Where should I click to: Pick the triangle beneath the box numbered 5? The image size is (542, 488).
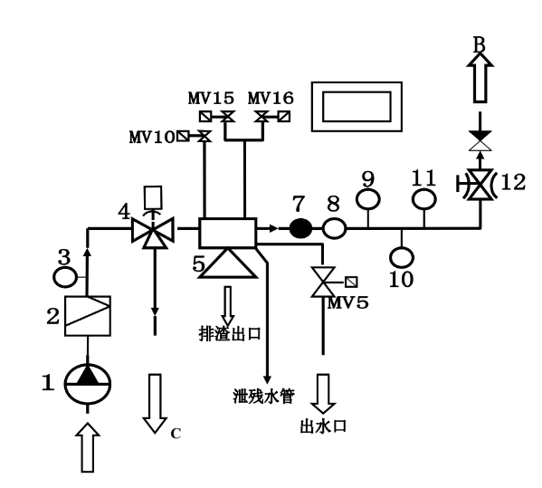pyautogui.click(x=227, y=263)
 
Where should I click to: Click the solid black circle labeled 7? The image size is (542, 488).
pyautogui.click(x=300, y=230)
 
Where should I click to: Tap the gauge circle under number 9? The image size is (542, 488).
pyautogui.click(x=368, y=197)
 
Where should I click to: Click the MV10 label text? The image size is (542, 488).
pyautogui.click(x=150, y=137)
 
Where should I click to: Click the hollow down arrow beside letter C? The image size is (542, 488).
pyautogui.click(x=150, y=402)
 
